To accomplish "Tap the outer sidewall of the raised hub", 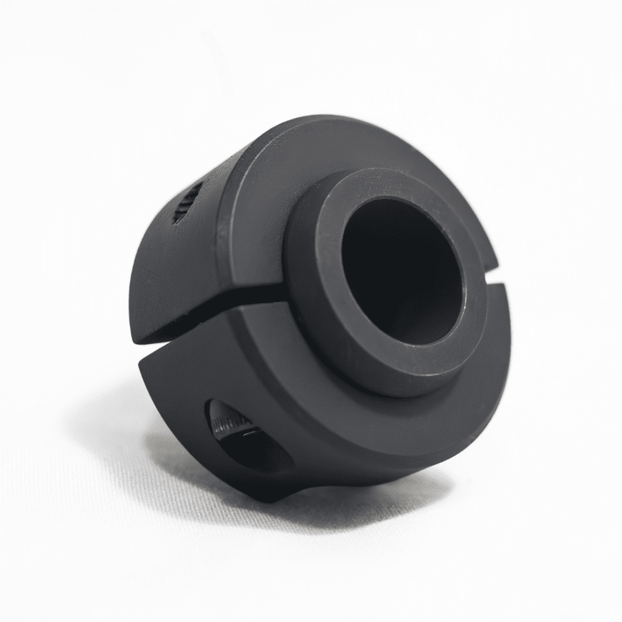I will (304, 292).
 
